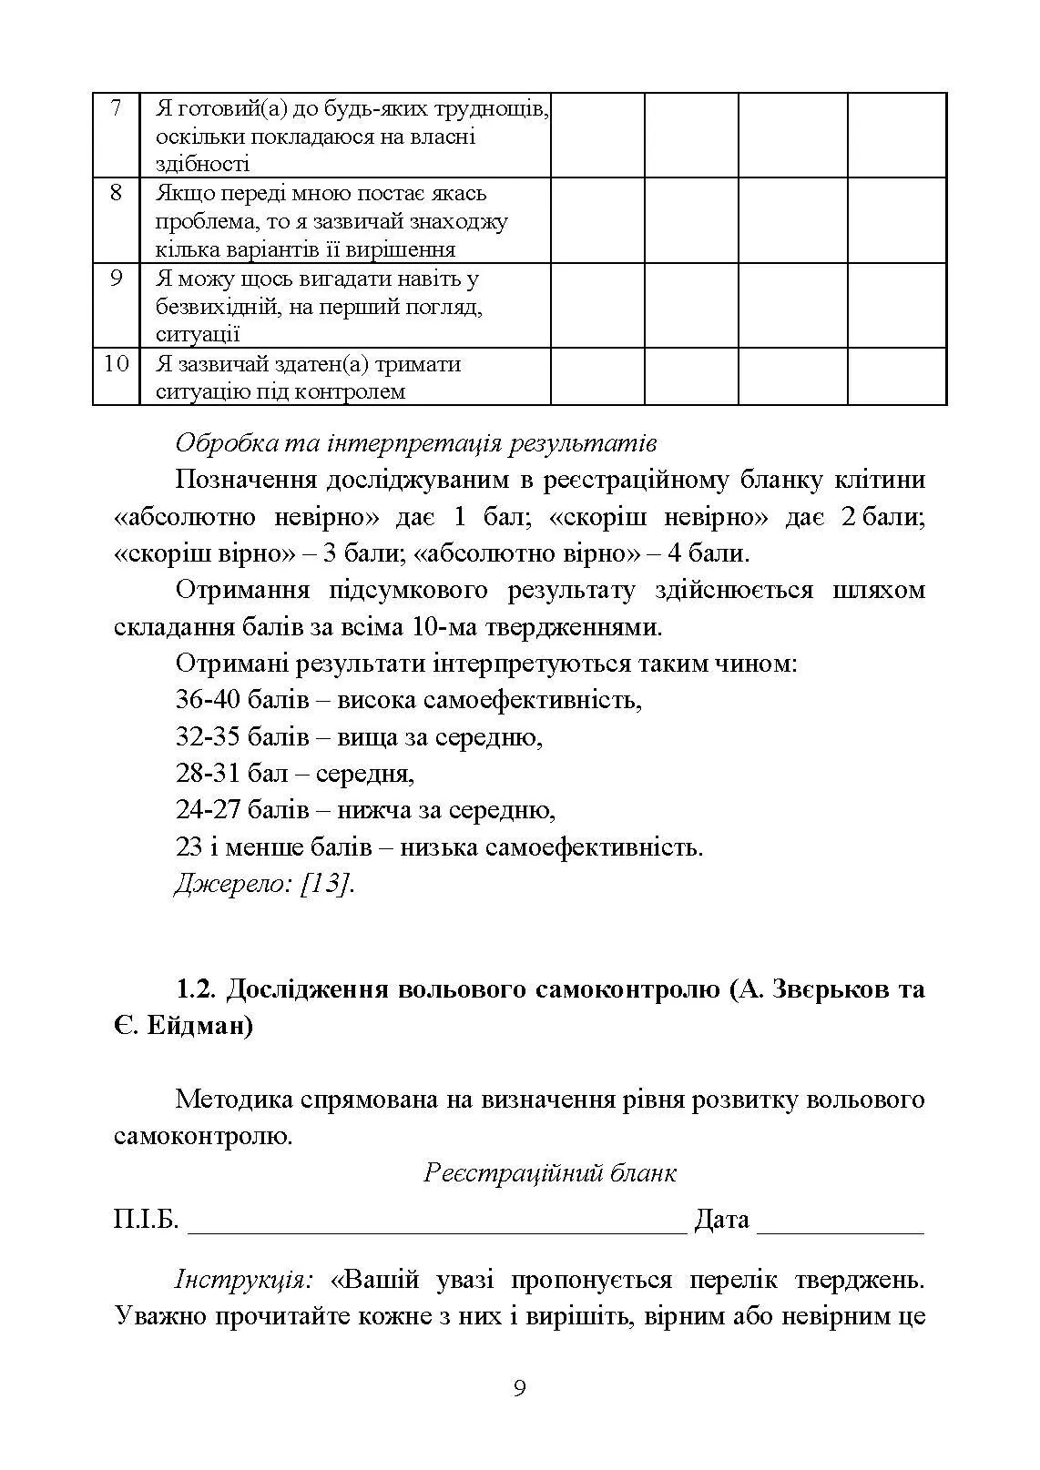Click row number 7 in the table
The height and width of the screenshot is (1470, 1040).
click(116, 108)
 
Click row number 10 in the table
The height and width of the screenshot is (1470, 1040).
click(116, 364)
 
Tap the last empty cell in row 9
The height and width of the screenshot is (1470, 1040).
click(896, 305)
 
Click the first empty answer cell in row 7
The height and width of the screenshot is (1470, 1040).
click(597, 135)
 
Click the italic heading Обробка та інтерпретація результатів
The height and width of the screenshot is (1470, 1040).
click(415, 444)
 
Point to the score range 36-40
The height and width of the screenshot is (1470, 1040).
click(207, 700)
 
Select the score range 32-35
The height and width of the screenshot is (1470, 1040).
click(207, 736)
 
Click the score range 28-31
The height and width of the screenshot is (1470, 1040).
click(207, 774)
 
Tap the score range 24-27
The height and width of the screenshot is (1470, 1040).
click(207, 810)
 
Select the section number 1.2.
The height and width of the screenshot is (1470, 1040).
click(195, 989)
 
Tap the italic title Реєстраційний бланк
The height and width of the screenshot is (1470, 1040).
click(550, 1172)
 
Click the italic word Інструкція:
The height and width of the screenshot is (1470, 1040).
click(243, 1280)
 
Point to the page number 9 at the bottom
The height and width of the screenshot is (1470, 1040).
click(519, 1389)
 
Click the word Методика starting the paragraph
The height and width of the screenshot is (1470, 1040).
click(233, 1100)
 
